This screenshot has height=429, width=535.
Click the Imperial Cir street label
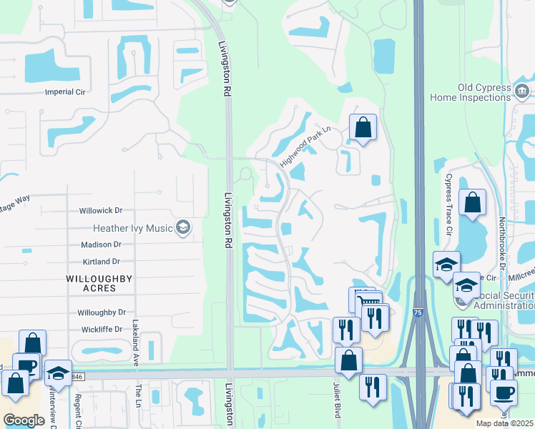[65, 92]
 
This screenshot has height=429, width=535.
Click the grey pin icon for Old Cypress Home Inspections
[522, 91]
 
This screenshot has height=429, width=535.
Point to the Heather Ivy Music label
[133, 228]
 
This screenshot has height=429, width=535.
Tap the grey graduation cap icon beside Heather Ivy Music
[183, 227]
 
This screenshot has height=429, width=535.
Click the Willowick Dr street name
[101, 211]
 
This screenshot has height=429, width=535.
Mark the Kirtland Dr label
[100, 262]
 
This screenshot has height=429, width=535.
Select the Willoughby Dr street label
[101, 312]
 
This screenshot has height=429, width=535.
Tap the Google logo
[24, 420]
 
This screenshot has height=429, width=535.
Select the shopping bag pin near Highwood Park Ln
[363, 128]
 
